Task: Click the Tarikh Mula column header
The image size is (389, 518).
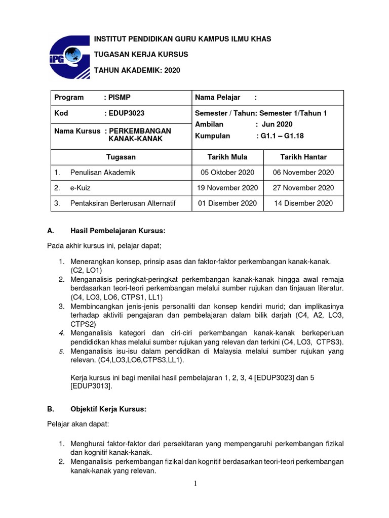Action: point(227,157)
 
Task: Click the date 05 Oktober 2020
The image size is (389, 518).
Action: point(227,172)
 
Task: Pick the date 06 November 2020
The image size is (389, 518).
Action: point(303,172)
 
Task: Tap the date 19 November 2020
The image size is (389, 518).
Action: point(227,188)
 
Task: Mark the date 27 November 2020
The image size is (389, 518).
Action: point(303,188)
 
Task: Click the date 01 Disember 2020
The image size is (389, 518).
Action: point(227,203)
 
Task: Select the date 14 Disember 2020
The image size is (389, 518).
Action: point(303,203)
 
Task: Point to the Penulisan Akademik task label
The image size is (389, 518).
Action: point(103,172)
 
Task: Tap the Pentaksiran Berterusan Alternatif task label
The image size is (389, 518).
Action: point(123,203)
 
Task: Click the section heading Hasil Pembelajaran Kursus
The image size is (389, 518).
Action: point(119,231)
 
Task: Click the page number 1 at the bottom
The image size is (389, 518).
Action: point(195,484)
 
